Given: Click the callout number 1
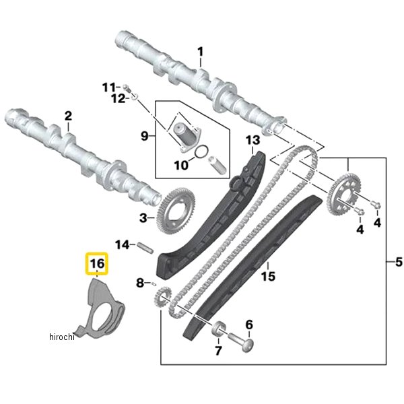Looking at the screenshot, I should coord(199,52).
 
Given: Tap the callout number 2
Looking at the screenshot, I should coord(68,116).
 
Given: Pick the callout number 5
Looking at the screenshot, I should coord(397,261).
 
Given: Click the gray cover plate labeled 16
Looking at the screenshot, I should coord(101,310).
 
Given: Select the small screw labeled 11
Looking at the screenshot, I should coord(126,86).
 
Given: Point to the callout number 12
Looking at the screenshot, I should coord(119,98).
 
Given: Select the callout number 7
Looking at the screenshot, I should coord(218,351).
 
